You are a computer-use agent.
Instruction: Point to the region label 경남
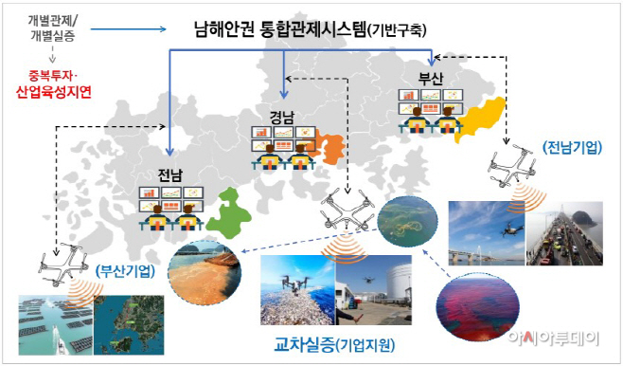(282, 118)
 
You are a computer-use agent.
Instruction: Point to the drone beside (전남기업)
(511, 169)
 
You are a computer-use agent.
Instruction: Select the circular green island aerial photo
(408, 224)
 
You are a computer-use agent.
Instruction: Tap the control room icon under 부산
(432, 109)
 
